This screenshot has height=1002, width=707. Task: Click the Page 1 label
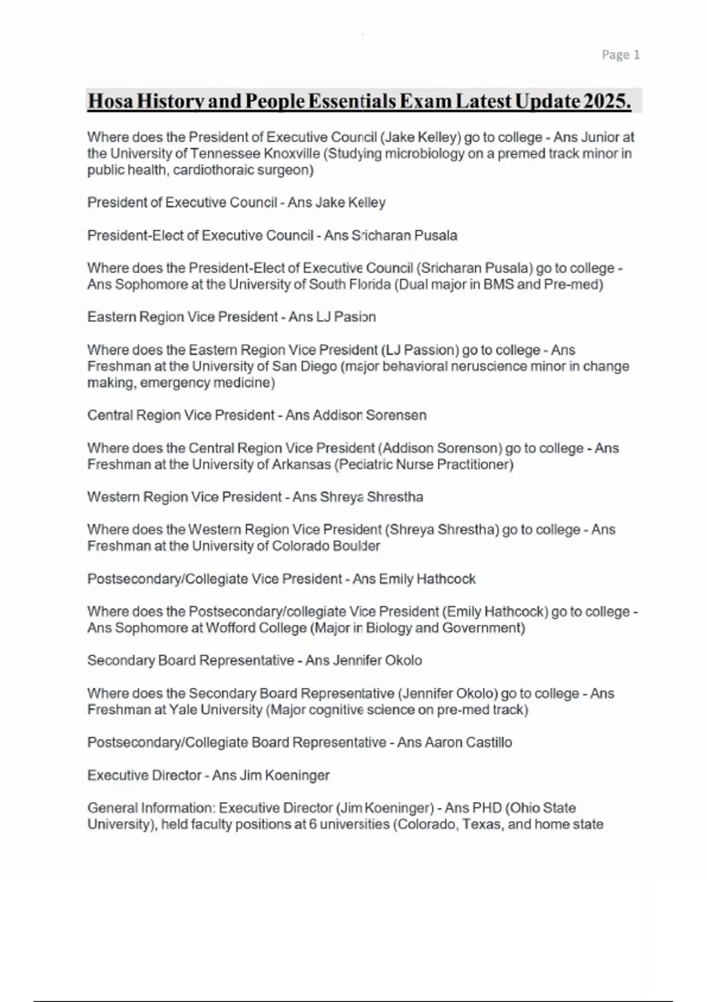tap(620, 55)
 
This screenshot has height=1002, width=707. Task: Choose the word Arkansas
tap(301, 464)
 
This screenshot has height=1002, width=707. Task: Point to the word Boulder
tap(356, 546)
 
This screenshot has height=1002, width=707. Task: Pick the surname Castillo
tap(488, 742)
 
